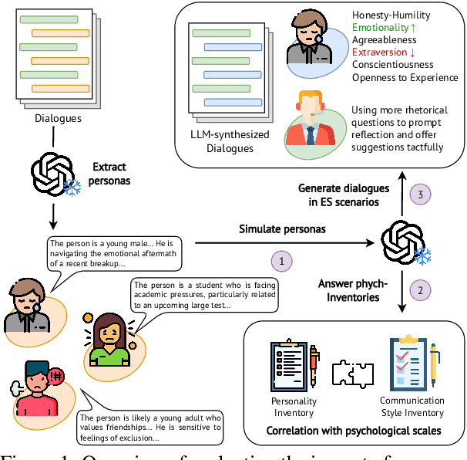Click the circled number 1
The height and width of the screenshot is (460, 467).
pyautogui.click(x=282, y=262)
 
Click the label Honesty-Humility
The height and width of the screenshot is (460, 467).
pyautogui.click(x=391, y=15)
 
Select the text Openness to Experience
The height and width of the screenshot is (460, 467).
pyautogui.click(x=405, y=77)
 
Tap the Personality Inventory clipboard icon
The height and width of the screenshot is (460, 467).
pyautogui.click(x=291, y=365)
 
